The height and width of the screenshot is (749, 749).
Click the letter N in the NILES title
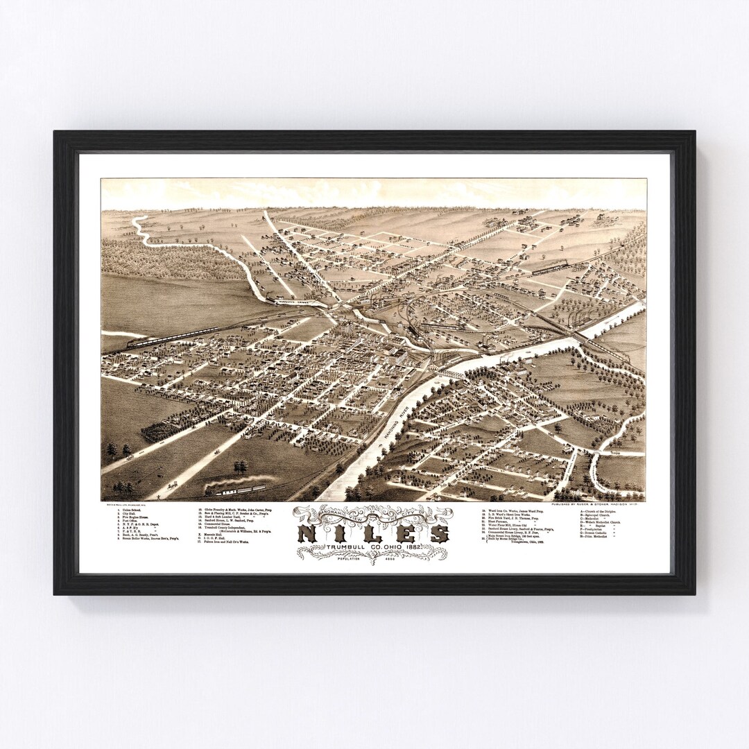[309, 534]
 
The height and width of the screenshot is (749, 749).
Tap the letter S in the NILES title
[438, 534]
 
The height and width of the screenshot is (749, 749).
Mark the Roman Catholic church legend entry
[599, 534]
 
